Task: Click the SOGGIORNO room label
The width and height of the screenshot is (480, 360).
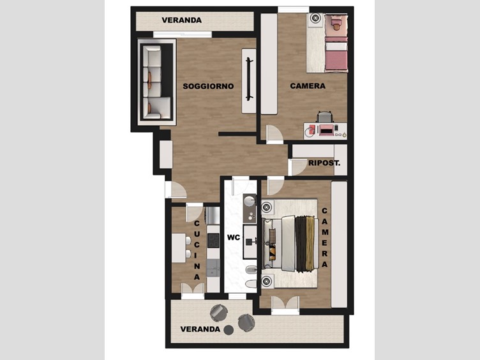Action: coord(208,86)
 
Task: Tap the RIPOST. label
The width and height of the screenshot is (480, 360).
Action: coord(324,163)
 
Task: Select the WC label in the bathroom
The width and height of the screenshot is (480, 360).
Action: coord(234,237)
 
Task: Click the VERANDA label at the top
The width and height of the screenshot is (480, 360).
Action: coord(181,20)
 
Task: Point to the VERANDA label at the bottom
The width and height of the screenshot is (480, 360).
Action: coord(200,329)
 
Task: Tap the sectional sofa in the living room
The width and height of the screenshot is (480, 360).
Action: coord(156,82)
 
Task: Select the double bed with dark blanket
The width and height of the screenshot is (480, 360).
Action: coord(289,243)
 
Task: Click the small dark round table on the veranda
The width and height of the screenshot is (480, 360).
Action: coord(229,330)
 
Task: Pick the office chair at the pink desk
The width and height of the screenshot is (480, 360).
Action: coord(325,117)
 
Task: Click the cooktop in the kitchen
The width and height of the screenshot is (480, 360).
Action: coord(213,240)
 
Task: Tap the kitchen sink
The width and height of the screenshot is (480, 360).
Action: coord(213,268)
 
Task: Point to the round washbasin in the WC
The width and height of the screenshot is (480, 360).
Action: coord(250,201)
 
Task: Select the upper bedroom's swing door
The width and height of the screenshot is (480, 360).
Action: coord(274,134)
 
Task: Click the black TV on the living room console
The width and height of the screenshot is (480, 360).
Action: coord(248,79)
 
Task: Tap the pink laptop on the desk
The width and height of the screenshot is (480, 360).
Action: coord(327,130)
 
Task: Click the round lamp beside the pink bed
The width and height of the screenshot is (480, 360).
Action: coord(315,18)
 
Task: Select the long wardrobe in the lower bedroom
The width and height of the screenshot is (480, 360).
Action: coord(339,244)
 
